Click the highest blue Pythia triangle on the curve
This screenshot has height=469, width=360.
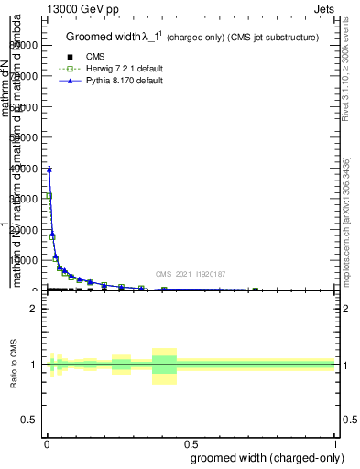[49, 169]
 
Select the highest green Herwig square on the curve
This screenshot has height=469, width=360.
[49, 196]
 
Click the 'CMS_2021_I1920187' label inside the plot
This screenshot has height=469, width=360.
[191, 273]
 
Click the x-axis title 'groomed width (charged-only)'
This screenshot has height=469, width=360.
[267, 457]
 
